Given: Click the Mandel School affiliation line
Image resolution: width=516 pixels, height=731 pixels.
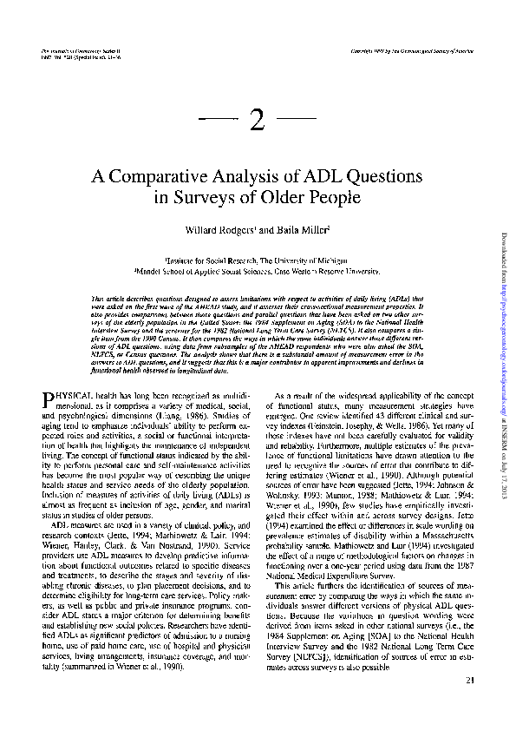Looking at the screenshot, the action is [x=258, y=269].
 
